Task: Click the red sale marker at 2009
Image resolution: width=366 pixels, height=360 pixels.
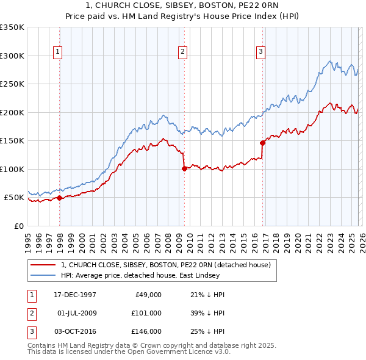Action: pos(184,168)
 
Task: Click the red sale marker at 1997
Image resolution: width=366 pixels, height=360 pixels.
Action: pos(59,198)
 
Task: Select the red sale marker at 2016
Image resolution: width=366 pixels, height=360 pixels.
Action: pos(262,143)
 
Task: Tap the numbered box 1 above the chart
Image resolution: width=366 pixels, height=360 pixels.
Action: pos(58,52)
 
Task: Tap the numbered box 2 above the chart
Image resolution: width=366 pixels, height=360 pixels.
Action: pos(182,52)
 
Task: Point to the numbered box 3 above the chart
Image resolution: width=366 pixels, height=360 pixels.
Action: pos(260,52)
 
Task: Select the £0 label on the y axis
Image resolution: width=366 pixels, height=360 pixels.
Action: pos(18,226)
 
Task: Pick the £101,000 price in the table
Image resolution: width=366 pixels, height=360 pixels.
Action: pos(146,313)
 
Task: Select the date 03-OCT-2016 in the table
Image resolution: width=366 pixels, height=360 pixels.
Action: pos(74,331)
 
